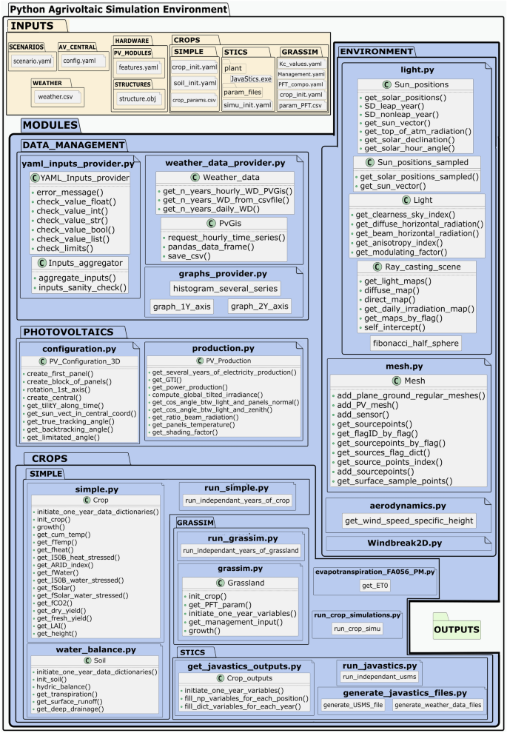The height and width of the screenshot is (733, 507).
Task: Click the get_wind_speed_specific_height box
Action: click(409, 521)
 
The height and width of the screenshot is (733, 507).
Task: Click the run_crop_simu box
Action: click(356, 628)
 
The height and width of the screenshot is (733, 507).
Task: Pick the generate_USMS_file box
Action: click(353, 705)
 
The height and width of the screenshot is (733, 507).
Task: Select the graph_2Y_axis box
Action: click(260, 306)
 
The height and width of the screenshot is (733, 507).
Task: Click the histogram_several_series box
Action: click(225, 287)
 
